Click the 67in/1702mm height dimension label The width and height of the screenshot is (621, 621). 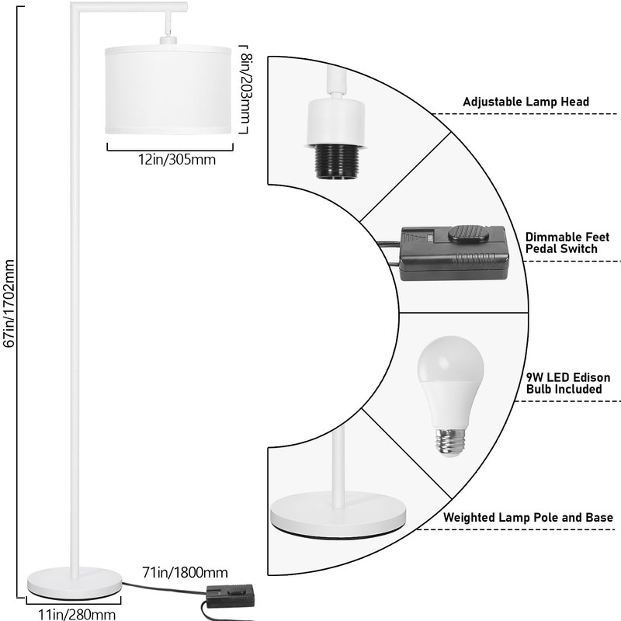9,303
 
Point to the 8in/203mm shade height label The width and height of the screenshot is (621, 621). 245,87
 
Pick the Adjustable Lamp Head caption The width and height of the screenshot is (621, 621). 526,102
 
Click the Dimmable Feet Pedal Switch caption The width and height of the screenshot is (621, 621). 561,243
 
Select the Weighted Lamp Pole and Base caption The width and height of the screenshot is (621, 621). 528,518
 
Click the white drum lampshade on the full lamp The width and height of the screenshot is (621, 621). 166,89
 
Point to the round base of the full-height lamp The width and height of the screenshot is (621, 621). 75,580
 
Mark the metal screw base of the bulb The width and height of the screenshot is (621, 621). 451,442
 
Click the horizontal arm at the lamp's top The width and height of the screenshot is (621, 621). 128,7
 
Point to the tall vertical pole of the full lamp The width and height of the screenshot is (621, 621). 75,310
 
